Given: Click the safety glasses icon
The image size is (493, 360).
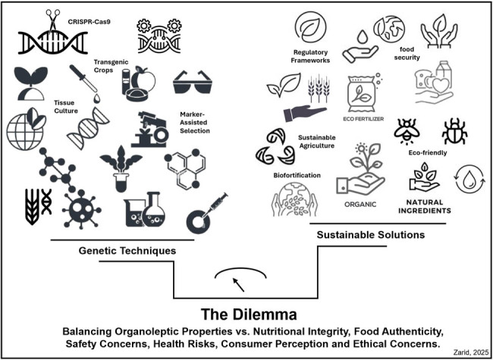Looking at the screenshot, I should [193, 81].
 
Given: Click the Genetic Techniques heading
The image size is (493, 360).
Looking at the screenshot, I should [133, 251].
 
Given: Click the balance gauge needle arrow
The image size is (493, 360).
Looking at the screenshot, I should [239, 284].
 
